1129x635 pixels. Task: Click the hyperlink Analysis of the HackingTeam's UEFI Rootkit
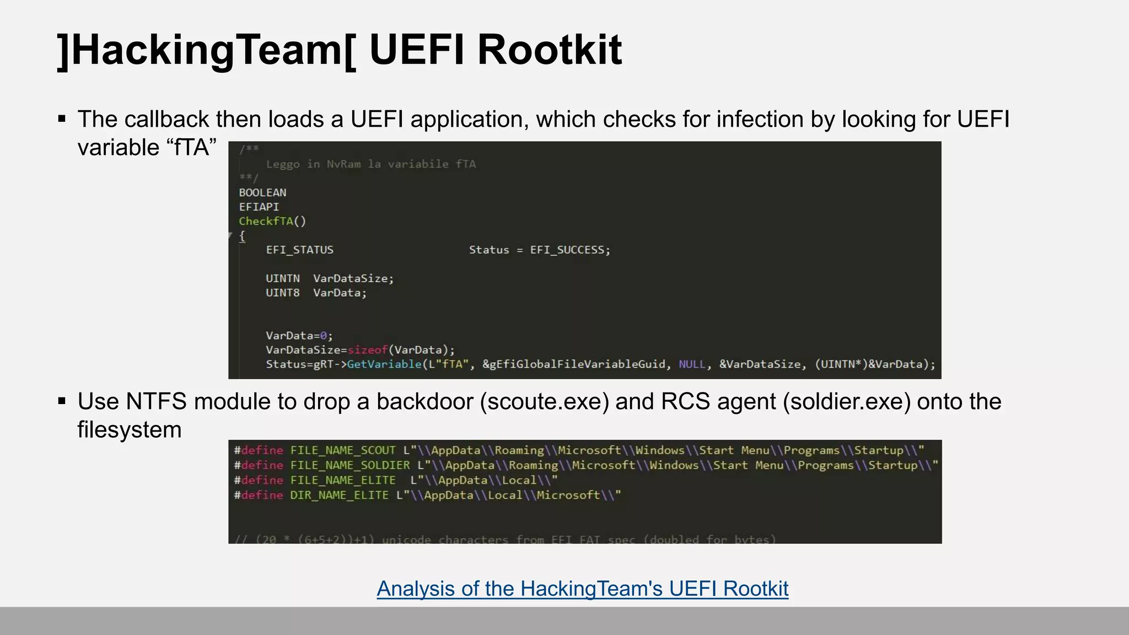pyautogui.click(x=582, y=589)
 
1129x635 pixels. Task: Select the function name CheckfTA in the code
pyautogui.click(x=266, y=222)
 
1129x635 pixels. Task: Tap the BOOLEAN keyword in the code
pyautogui.click(x=262, y=193)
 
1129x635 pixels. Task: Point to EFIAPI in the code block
pyautogui.click(x=259, y=207)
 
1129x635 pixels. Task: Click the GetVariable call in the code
pyautogui.click(x=384, y=364)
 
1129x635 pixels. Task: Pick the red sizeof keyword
pyautogui.click(x=368, y=350)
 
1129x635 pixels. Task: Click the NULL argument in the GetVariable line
pyautogui.click(x=691, y=364)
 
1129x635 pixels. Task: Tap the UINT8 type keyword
pyautogui.click(x=282, y=293)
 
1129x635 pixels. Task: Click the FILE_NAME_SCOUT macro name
pyautogui.click(x=343, y=450)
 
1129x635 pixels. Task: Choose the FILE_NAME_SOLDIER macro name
pyautogui.click(x=350, y=465)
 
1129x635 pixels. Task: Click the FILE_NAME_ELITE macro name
pyautogui.click(x=343, y=480)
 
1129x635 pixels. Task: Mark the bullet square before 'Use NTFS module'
pyautogui.click(x=62, y=401)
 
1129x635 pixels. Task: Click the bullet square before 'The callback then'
pyautogui.click(x=62, y=119)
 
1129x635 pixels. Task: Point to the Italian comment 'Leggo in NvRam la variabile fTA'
pyautogui.click(x=370, y=164)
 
